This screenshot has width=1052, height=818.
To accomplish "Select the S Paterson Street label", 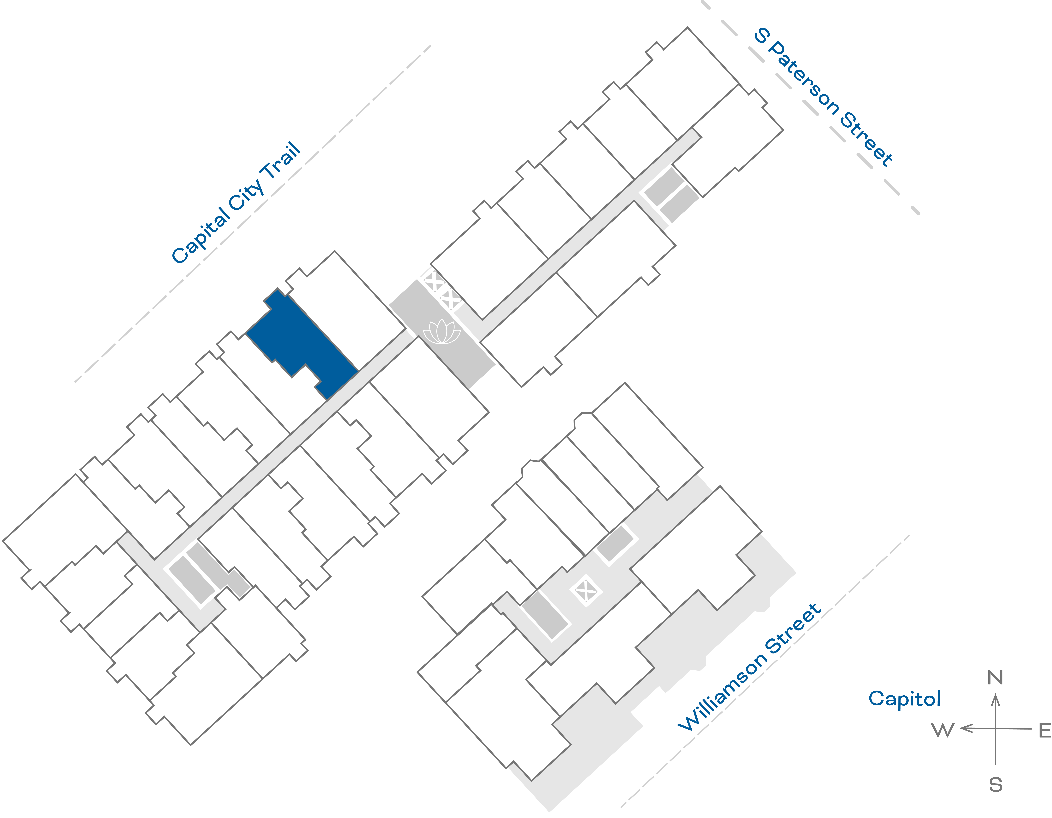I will point(824,96).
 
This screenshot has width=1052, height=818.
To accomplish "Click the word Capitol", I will point(904,699).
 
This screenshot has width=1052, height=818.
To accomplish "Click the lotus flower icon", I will point(442,332).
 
